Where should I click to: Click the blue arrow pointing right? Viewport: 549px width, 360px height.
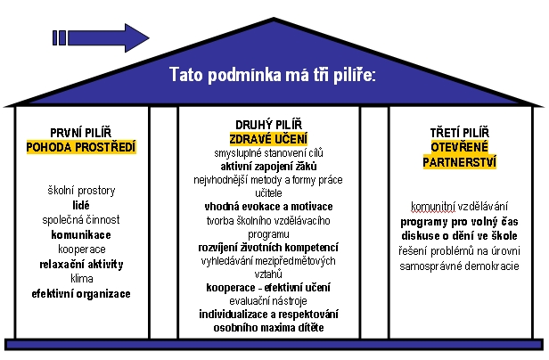click(101, 37)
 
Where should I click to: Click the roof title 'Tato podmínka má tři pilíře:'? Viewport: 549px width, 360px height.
click(273, 75)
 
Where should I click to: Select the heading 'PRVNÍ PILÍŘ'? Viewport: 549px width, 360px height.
click(81, 133)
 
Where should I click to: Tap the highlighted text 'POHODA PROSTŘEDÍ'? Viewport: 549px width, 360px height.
click(81, 147)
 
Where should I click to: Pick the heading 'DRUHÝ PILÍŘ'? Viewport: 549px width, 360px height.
click(268, 125)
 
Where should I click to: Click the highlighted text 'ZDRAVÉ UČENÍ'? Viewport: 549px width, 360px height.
click(268, 139)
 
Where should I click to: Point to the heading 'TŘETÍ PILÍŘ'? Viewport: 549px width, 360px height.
click(459, 133)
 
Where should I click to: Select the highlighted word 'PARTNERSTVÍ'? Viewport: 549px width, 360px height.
click(459, 162)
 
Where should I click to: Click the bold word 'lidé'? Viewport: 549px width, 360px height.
click(81, 205)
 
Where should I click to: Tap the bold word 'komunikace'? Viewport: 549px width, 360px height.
click(81, 234)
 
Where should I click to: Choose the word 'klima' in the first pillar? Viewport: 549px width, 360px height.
click(82, 279)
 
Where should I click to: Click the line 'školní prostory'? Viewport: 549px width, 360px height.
click(81, 191)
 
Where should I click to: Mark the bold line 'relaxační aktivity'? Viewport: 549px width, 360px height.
click(81, 264)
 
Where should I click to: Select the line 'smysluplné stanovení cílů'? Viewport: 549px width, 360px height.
click(268, 153)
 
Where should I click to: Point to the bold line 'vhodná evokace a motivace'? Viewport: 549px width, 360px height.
click(268, 207)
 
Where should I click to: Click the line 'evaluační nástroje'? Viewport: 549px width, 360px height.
click(268, 301)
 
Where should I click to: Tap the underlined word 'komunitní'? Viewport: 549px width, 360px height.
click(433, 206)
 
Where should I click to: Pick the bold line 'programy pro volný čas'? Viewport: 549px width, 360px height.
click(459, 222)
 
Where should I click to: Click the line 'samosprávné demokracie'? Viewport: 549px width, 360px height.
click(459, 266)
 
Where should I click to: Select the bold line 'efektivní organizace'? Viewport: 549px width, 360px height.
click(81, 293)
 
